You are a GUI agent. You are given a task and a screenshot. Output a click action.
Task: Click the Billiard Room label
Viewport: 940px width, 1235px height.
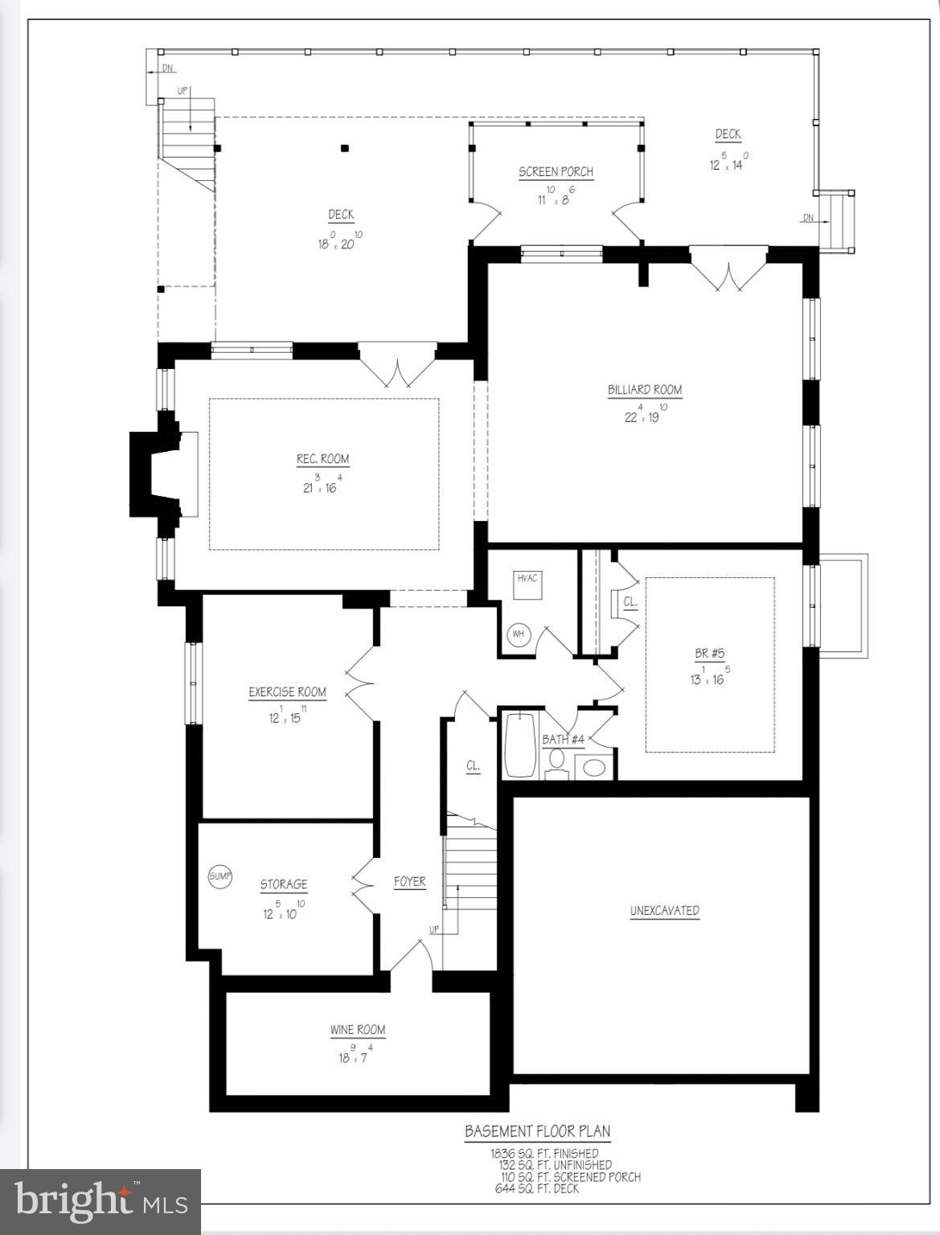[644, 390]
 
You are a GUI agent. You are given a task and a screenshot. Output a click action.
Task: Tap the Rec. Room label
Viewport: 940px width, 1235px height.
[322, 459]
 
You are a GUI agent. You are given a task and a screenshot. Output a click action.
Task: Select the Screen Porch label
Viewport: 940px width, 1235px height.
[556, 171]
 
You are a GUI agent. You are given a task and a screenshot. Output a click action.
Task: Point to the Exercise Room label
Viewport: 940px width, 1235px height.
[287, 691]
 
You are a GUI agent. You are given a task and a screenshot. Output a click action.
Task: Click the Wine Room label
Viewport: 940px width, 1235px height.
[357, 1029]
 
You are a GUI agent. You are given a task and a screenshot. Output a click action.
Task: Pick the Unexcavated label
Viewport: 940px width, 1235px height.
[664, 910]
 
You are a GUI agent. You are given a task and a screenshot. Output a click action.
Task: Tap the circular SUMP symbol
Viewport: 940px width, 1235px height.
[220, 876]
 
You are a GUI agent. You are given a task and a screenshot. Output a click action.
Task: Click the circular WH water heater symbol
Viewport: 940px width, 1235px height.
[519, 634]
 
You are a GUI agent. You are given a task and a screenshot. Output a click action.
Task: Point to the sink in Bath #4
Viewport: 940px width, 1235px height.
[594, 767]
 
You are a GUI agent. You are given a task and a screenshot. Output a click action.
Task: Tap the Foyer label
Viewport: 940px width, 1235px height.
[409, 881]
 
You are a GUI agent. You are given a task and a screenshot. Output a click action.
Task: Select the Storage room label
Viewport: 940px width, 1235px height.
[283, 884]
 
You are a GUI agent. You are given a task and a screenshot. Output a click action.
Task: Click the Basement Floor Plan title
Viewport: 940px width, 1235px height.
[537, 1131]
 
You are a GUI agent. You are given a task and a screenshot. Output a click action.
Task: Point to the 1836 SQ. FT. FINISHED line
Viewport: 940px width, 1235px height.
[544, 1153]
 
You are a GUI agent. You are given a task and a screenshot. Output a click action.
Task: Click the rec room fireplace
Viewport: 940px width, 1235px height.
[161, 475]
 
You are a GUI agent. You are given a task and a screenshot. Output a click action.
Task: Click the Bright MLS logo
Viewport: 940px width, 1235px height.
[101, 1201]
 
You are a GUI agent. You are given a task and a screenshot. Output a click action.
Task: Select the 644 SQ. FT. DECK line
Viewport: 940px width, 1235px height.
[536, 1188]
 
